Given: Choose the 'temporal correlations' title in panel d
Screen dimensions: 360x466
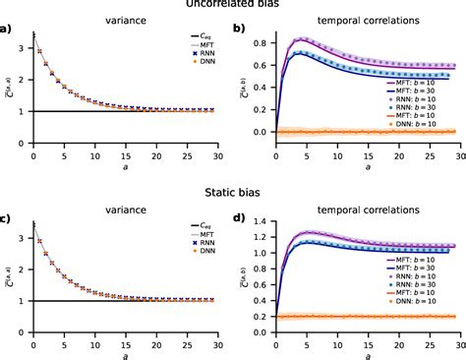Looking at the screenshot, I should [348, 211].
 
